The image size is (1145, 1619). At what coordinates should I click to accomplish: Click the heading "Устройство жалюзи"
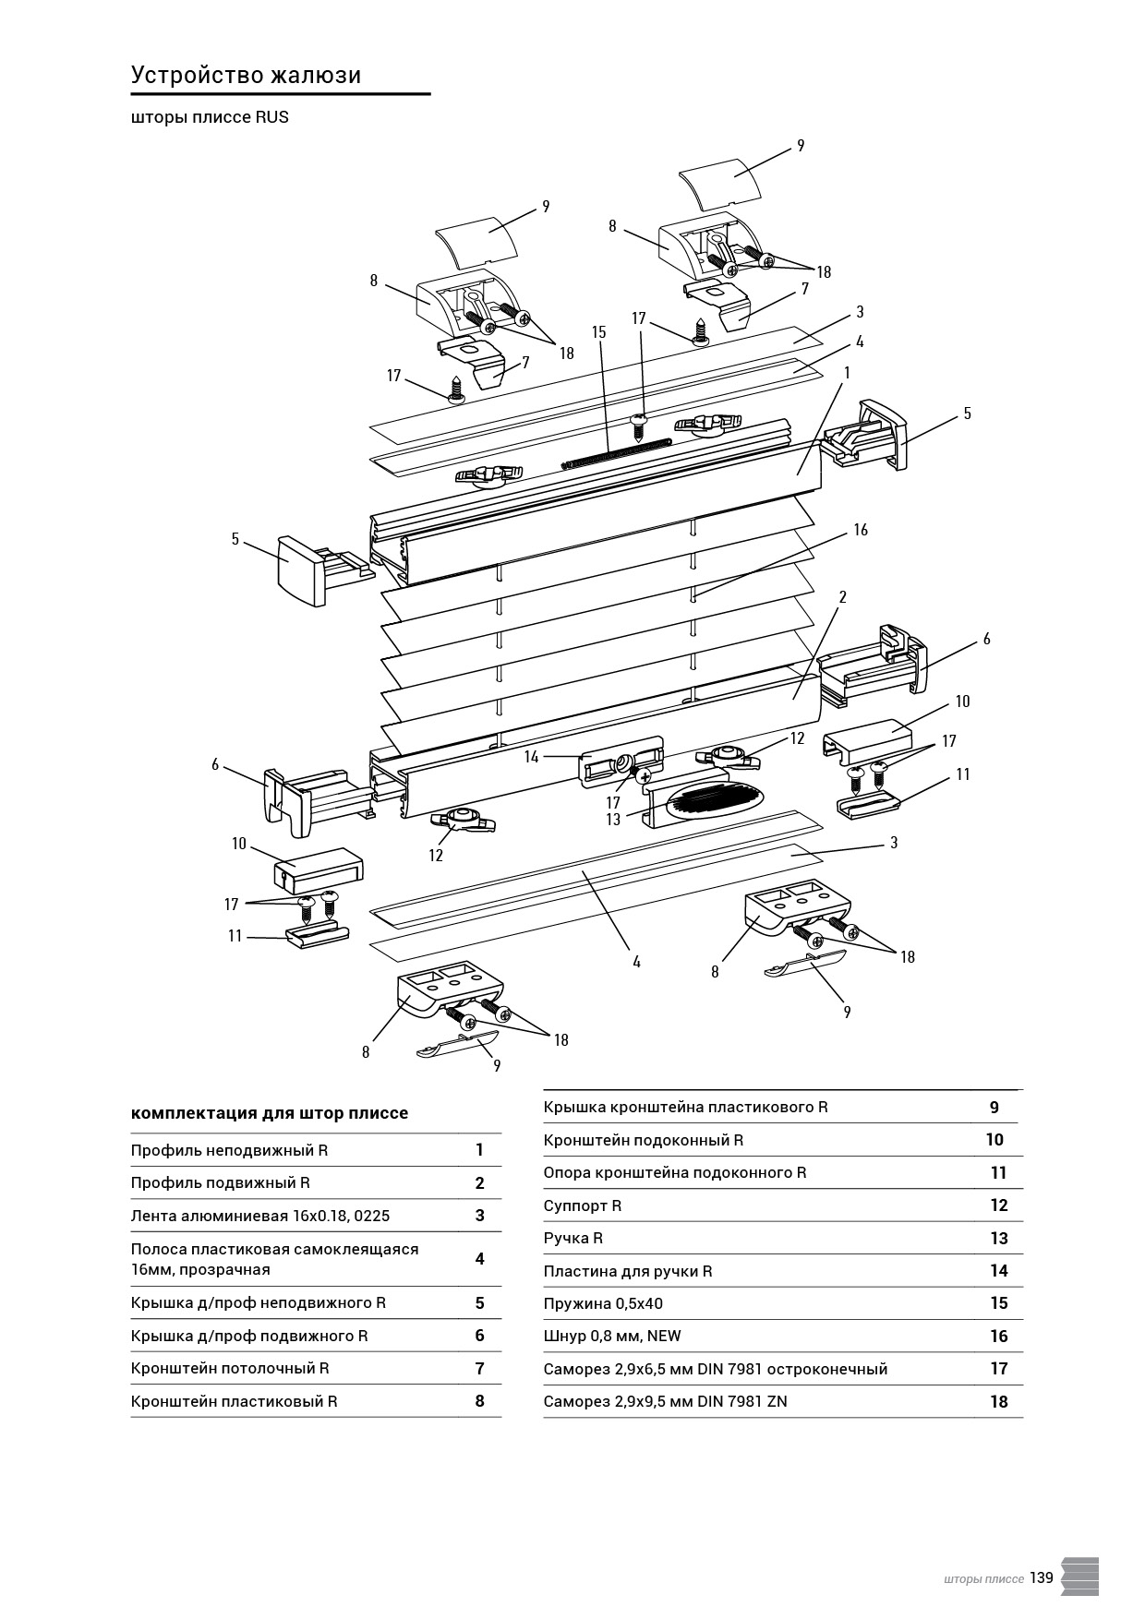click(x=246, y=76)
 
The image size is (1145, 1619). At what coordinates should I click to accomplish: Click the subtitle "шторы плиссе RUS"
click(x=210, y=117)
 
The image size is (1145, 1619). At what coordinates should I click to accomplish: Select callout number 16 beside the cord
click(x=861, y=530)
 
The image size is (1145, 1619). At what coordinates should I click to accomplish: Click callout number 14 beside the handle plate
click(x=531, y=757)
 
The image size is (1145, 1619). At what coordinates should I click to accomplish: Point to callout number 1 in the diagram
click(x=847, y=372)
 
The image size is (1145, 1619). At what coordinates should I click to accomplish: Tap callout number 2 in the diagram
click(x=842, y=597)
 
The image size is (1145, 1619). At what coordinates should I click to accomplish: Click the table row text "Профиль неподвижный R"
click(x=229, y=1150)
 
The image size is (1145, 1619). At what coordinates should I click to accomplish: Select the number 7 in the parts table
click(x=479, y=1368)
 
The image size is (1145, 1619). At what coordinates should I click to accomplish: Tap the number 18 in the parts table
click(x=998, y=1401)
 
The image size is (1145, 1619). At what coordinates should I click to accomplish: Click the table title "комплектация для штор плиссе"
click(x=270, y=1113)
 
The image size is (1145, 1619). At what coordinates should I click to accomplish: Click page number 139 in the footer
click(x=1042, y=1577)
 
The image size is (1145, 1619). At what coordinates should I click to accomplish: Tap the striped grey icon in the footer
click(x=1080, y=1576)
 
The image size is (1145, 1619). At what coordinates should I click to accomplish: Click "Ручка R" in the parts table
click(x=573, y=1238)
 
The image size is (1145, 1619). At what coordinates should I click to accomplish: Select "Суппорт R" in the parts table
click(x=583, y=1205)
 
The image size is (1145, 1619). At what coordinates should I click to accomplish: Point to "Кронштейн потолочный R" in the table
click(x=230, y=1368)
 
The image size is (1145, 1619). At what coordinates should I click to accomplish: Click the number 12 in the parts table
click(x=998, y=1205)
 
